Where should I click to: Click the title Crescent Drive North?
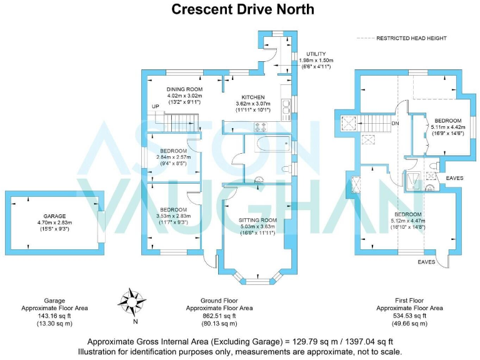243,9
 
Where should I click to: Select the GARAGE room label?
54,215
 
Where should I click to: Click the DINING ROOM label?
184,89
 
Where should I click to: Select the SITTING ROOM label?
258,221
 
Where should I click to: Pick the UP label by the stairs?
155,106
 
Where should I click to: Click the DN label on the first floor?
395,123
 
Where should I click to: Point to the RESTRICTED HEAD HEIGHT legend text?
411,39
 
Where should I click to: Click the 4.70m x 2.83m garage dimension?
54,222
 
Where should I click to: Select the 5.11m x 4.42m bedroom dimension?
447,127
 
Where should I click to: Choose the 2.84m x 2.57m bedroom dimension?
173,157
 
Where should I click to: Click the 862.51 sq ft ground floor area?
219,316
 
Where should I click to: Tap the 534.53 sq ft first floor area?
409,316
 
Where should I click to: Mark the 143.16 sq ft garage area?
54,316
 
